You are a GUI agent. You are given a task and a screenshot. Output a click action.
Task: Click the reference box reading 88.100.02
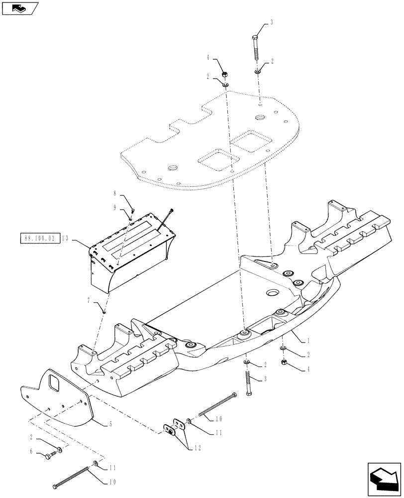(39, 239)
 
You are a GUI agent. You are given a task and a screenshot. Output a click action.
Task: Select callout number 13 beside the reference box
(66, 239)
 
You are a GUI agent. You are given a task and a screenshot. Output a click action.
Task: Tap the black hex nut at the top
(224, 74)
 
